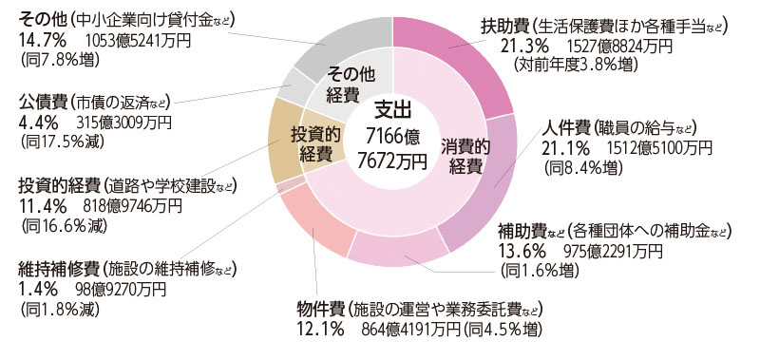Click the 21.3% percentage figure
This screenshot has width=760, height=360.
(x=504, y=46)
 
